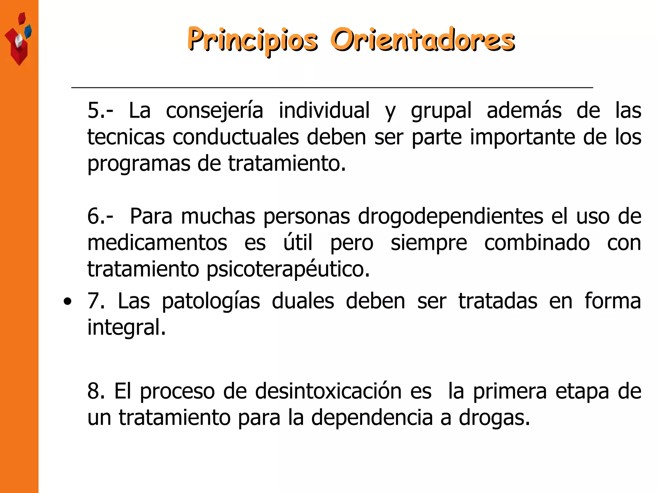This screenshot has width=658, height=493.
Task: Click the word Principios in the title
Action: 253,40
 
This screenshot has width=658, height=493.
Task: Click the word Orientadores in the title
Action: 422,40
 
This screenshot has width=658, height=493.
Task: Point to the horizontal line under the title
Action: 332,87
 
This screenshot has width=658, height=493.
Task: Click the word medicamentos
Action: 157,243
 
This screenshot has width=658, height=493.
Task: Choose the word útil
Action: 298,243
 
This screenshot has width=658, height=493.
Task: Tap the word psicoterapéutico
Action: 288,270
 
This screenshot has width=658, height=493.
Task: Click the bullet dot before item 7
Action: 67,302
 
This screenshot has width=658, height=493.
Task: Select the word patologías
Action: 211,302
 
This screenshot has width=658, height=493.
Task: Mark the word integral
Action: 127,328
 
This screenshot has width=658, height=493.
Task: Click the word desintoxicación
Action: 328,391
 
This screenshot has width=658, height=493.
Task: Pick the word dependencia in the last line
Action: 372,418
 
